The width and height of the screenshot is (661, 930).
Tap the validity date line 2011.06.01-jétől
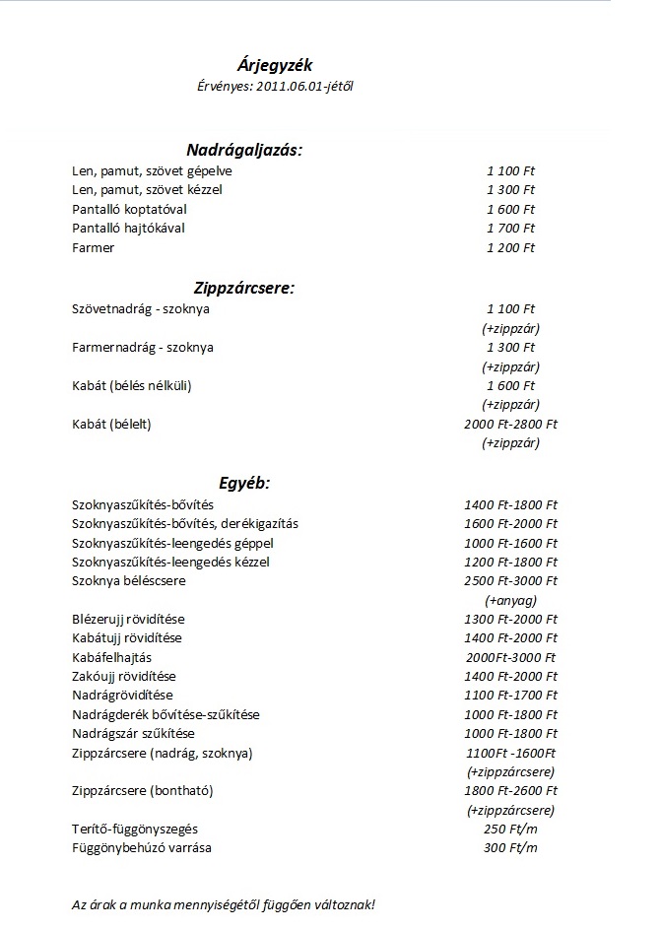tap(275, 87)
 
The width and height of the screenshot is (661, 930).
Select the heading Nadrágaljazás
tap(244, 150)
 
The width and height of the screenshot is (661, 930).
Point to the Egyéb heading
tap(244, 483)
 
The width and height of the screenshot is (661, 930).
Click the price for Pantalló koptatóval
tap(510, 210)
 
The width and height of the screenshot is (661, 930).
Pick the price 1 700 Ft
tap(510, 229)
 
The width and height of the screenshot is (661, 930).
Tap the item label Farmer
tap(94, 247)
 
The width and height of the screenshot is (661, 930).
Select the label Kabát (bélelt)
tap(112, 425)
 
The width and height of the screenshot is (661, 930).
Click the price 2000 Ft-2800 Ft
tap(510, 425)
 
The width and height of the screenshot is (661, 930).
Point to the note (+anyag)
tap(510, 600)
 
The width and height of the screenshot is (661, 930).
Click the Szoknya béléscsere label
tap(129, 581)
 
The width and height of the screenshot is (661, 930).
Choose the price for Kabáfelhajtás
tap(510, 657)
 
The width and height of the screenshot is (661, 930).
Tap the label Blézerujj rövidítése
tap(129, 619)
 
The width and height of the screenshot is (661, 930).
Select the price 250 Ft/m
tap(510, 829)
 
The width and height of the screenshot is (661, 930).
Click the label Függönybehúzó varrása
tap(142, 847)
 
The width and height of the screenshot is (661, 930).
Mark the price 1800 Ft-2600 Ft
tap(510, 790)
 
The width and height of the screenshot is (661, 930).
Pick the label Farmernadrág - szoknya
tap(143, 348)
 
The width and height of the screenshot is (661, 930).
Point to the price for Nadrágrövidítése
tap(510, 696)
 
